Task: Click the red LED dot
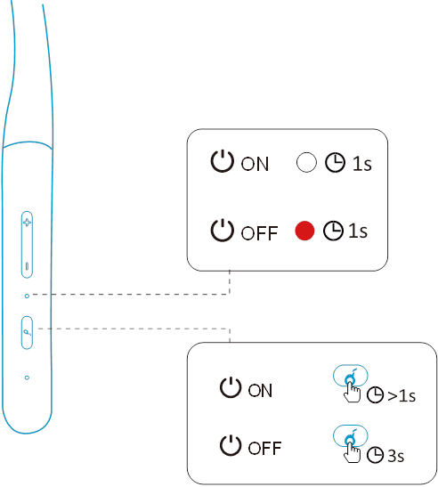(x=304, y=231)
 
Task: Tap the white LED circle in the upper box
(x=306, y=162)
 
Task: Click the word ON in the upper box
(x=255, y=164)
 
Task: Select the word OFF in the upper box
(x=259, y=233)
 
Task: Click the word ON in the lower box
(x=260, y=391)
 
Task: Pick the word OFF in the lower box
(x=264, y=448)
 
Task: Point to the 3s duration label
(x=396, y=456)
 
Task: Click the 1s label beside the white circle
(x=362, y=164)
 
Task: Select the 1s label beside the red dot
(x=358, y=231)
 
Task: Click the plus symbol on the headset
(x=27, y=223)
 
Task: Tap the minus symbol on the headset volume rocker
(x=27, y=266)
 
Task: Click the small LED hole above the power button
(x=27, y=296)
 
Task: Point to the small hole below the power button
(x=27, y=377)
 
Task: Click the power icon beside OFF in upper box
(x=222, y=230)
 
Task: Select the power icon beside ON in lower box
(x=231, y=387)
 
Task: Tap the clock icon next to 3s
(x=376, y=456)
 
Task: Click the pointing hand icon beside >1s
(x=352, y=392)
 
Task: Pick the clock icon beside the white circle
(x=336, y=162)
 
